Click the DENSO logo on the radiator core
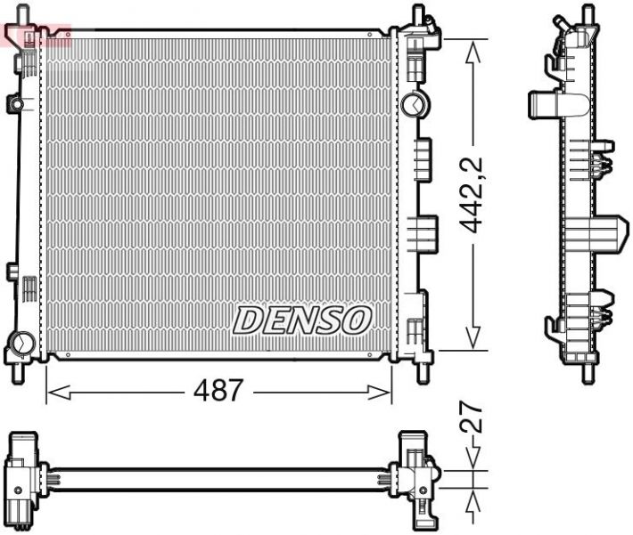tap(301, 320)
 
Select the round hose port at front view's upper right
tap(413, 104)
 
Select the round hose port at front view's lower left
tap(21, 341)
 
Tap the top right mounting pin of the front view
tap(417, 15)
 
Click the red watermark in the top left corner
tap(37, 35)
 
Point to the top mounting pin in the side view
tap(587, 15)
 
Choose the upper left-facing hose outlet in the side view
tap(546, 105)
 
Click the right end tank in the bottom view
tap(416, 476)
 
